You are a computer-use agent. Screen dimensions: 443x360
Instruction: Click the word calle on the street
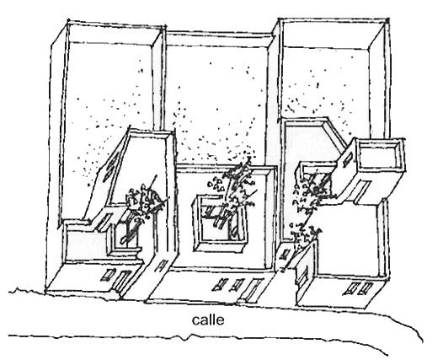[x=208, y=320]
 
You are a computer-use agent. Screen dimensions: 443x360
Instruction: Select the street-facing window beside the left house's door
[x=108, y=275]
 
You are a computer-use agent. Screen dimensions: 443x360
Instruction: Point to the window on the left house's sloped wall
[x=109, y=168]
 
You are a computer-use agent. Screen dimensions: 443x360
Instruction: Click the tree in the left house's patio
[x=141, y=209]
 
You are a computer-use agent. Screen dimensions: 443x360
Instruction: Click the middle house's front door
[x=253, y=289]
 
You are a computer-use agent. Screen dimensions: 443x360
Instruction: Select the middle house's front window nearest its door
[x=237, y=285]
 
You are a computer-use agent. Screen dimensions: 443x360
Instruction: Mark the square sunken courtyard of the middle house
[x=219, y=223]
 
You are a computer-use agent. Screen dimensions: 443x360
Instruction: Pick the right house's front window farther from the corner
[x=350, y=288]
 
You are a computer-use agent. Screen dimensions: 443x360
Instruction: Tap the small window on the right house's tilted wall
[x=347, y=159]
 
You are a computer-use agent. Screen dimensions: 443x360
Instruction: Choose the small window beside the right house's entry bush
[x=286, y=255]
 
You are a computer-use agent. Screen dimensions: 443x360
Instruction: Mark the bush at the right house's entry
[x=304, y=235]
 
